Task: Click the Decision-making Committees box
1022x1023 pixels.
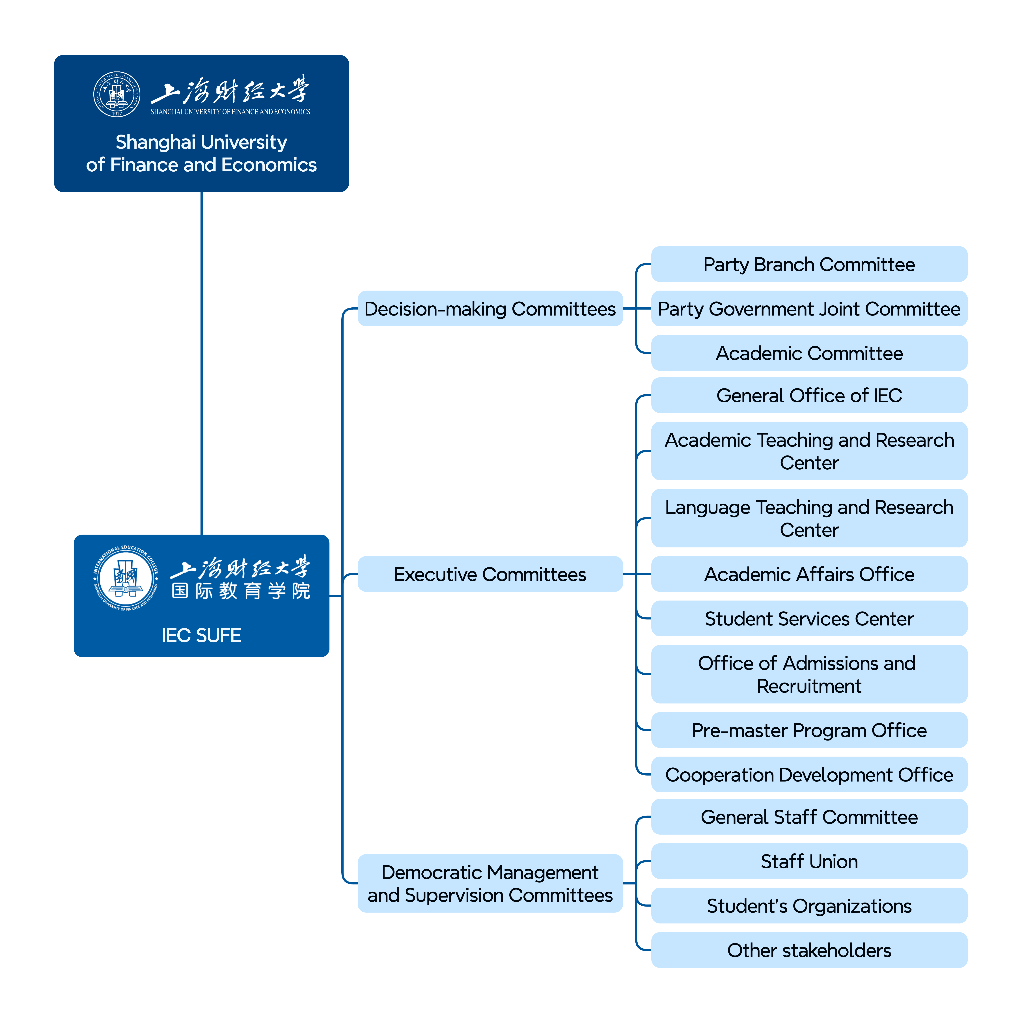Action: pos(490,309)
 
